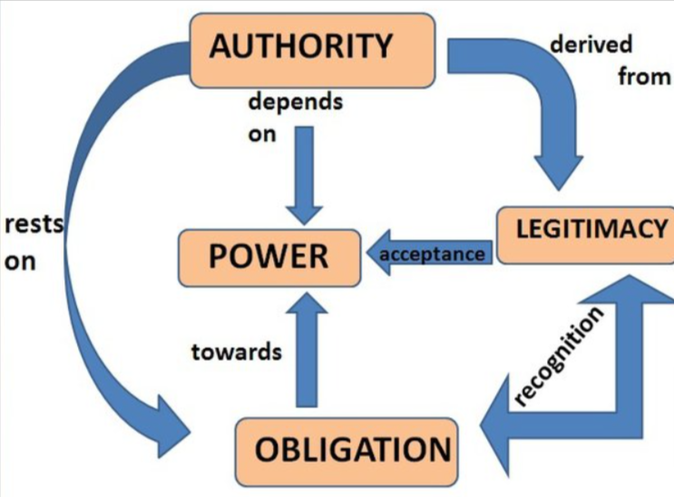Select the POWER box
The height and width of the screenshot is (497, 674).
[x=268, y=257]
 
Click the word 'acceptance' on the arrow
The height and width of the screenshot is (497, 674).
[x=431, y=255]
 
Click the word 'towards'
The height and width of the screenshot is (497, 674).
[x=236, y=351]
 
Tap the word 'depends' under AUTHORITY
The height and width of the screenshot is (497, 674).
[x=295, y=102]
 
